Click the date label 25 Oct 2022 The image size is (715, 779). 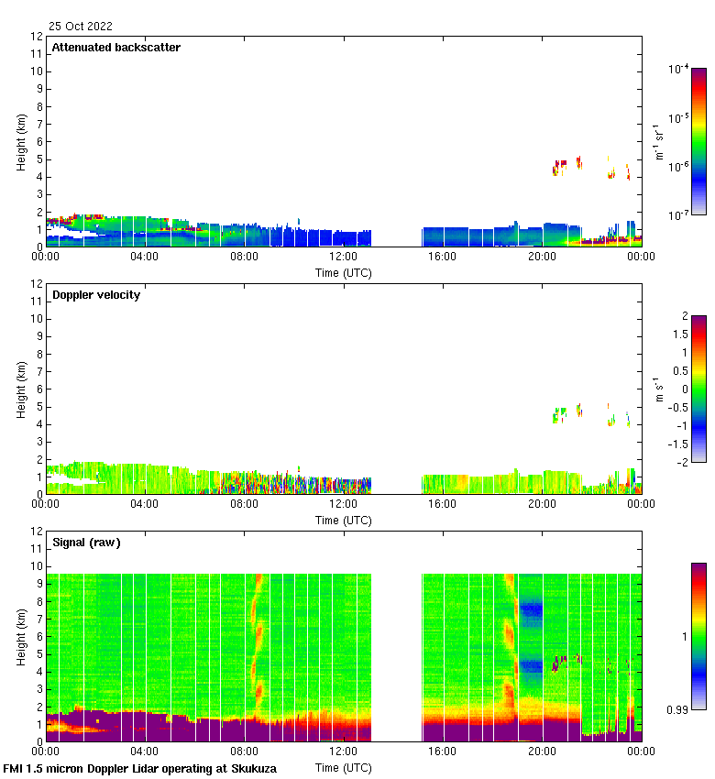(82, 27)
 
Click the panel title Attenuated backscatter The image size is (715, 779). (116, 48)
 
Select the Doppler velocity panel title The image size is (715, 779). (96, 295)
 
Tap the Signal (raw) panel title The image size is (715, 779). (86, 543)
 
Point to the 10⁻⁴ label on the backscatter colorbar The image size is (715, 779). (679, 69)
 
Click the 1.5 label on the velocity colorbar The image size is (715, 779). (679, 335)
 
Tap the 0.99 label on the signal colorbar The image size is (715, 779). (679, 710)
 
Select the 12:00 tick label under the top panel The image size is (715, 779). (344, 257)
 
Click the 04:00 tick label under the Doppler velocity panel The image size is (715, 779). (145, 504)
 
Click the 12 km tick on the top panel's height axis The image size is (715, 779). (38, 37)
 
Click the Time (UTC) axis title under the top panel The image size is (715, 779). (344, 272)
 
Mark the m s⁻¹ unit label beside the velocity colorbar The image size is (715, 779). (657, 389)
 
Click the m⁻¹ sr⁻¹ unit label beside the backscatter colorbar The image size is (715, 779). (657, 142)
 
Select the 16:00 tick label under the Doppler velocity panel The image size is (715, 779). (443, 504)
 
